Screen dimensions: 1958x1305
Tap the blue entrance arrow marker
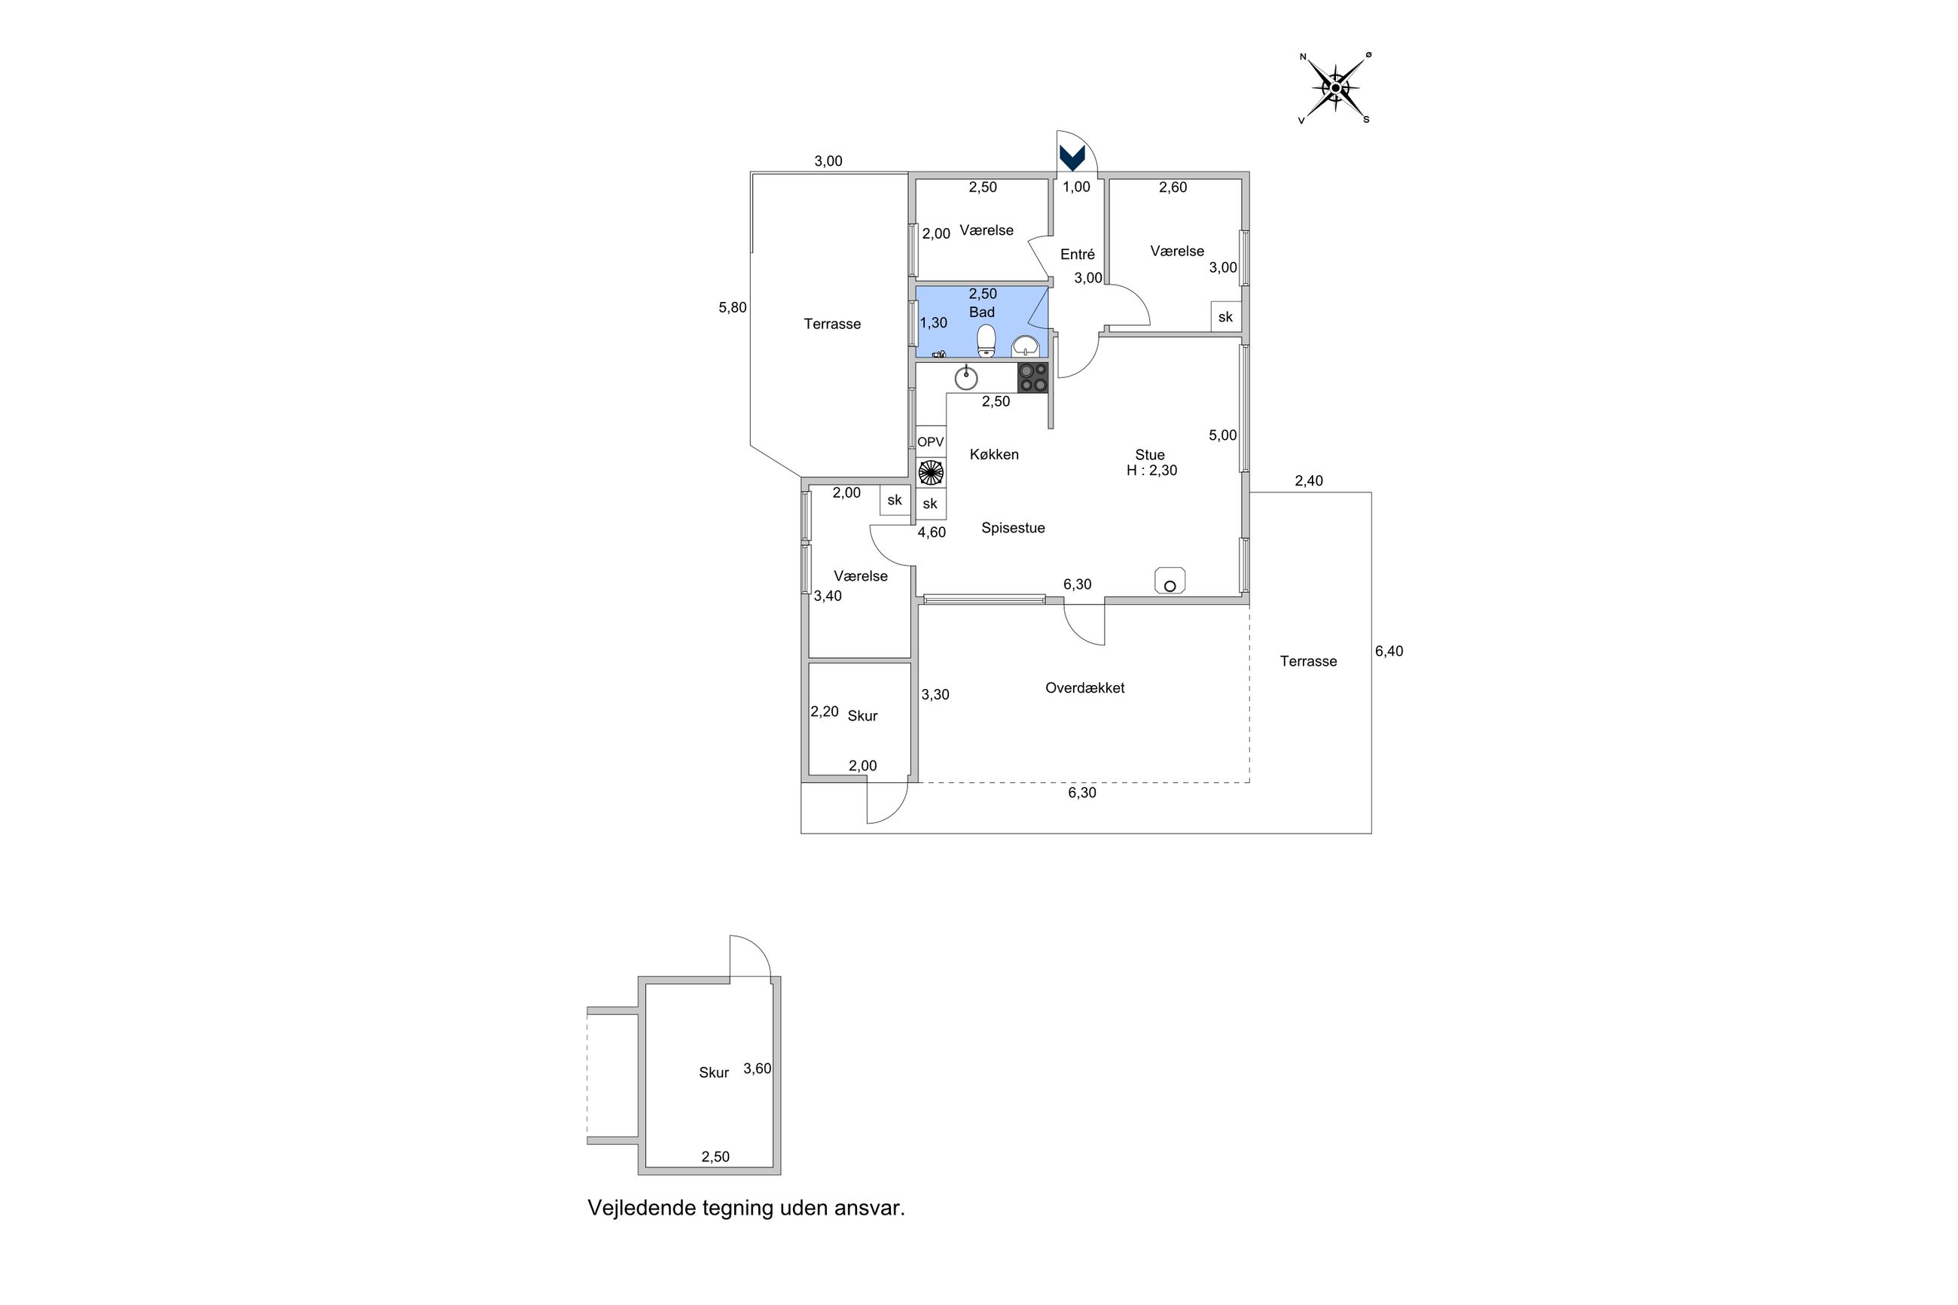1072,157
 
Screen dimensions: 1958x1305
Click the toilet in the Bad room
986,340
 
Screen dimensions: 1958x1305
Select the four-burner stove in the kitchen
1032,378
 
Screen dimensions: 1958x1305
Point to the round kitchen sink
965,378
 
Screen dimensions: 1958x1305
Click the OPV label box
930,442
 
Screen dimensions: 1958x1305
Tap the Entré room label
1077,255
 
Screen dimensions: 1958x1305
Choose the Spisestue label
1013,528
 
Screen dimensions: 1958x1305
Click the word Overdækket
1084,688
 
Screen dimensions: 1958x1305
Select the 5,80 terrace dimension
732,307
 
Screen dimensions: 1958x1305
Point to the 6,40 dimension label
1389,651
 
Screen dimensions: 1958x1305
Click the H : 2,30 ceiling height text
1151,470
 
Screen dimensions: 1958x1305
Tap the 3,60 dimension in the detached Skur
758,1069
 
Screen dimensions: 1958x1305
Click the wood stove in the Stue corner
1169,581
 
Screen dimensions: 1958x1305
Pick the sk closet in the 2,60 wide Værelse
1226,317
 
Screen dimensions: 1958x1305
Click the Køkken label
994,454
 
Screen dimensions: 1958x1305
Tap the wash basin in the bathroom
1025,345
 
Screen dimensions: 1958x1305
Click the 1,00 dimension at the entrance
1076,187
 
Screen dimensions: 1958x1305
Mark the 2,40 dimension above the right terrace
1308,480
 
